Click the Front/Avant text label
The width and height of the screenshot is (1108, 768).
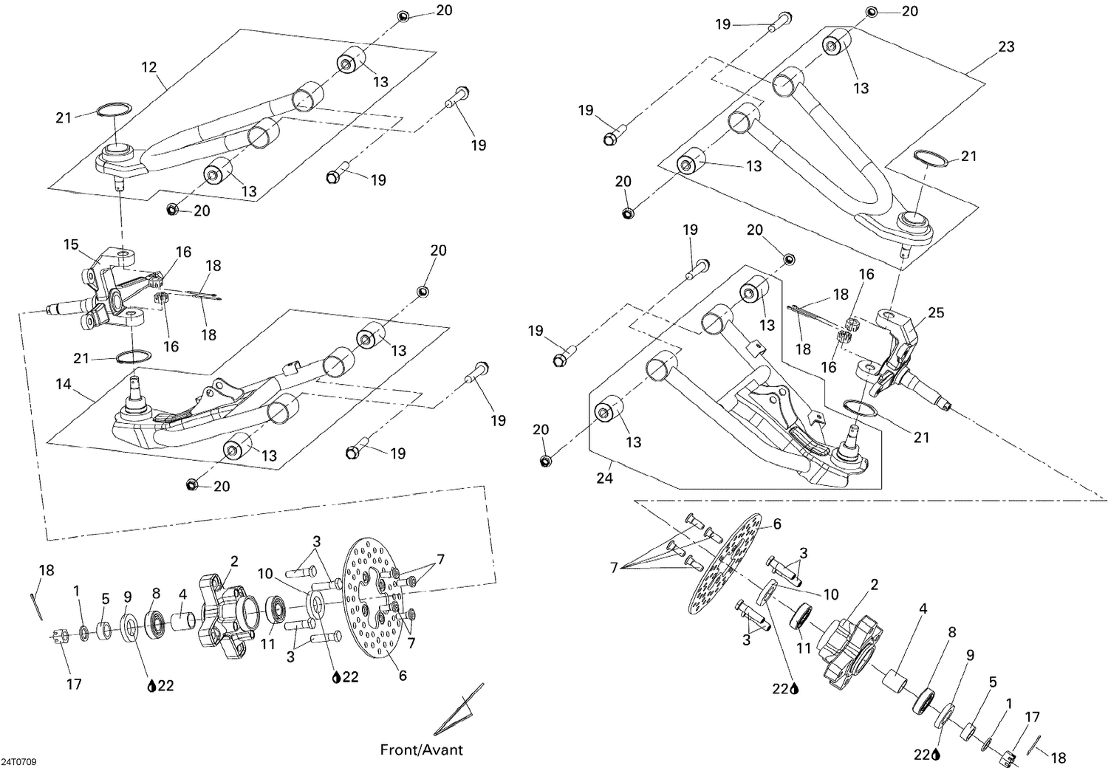pos(421,750)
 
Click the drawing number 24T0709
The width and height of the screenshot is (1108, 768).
pos(19,761)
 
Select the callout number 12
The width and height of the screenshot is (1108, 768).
pos(149,67)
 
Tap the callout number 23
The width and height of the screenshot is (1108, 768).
pos(1006,47)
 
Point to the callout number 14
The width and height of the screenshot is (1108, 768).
pos(64,385)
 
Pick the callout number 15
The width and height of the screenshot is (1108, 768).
pos(71,244)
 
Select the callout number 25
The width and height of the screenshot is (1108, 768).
pos(936,313)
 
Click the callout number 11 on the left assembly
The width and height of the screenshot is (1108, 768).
pos(267,644)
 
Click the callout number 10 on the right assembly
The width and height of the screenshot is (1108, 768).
pos(831,594)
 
